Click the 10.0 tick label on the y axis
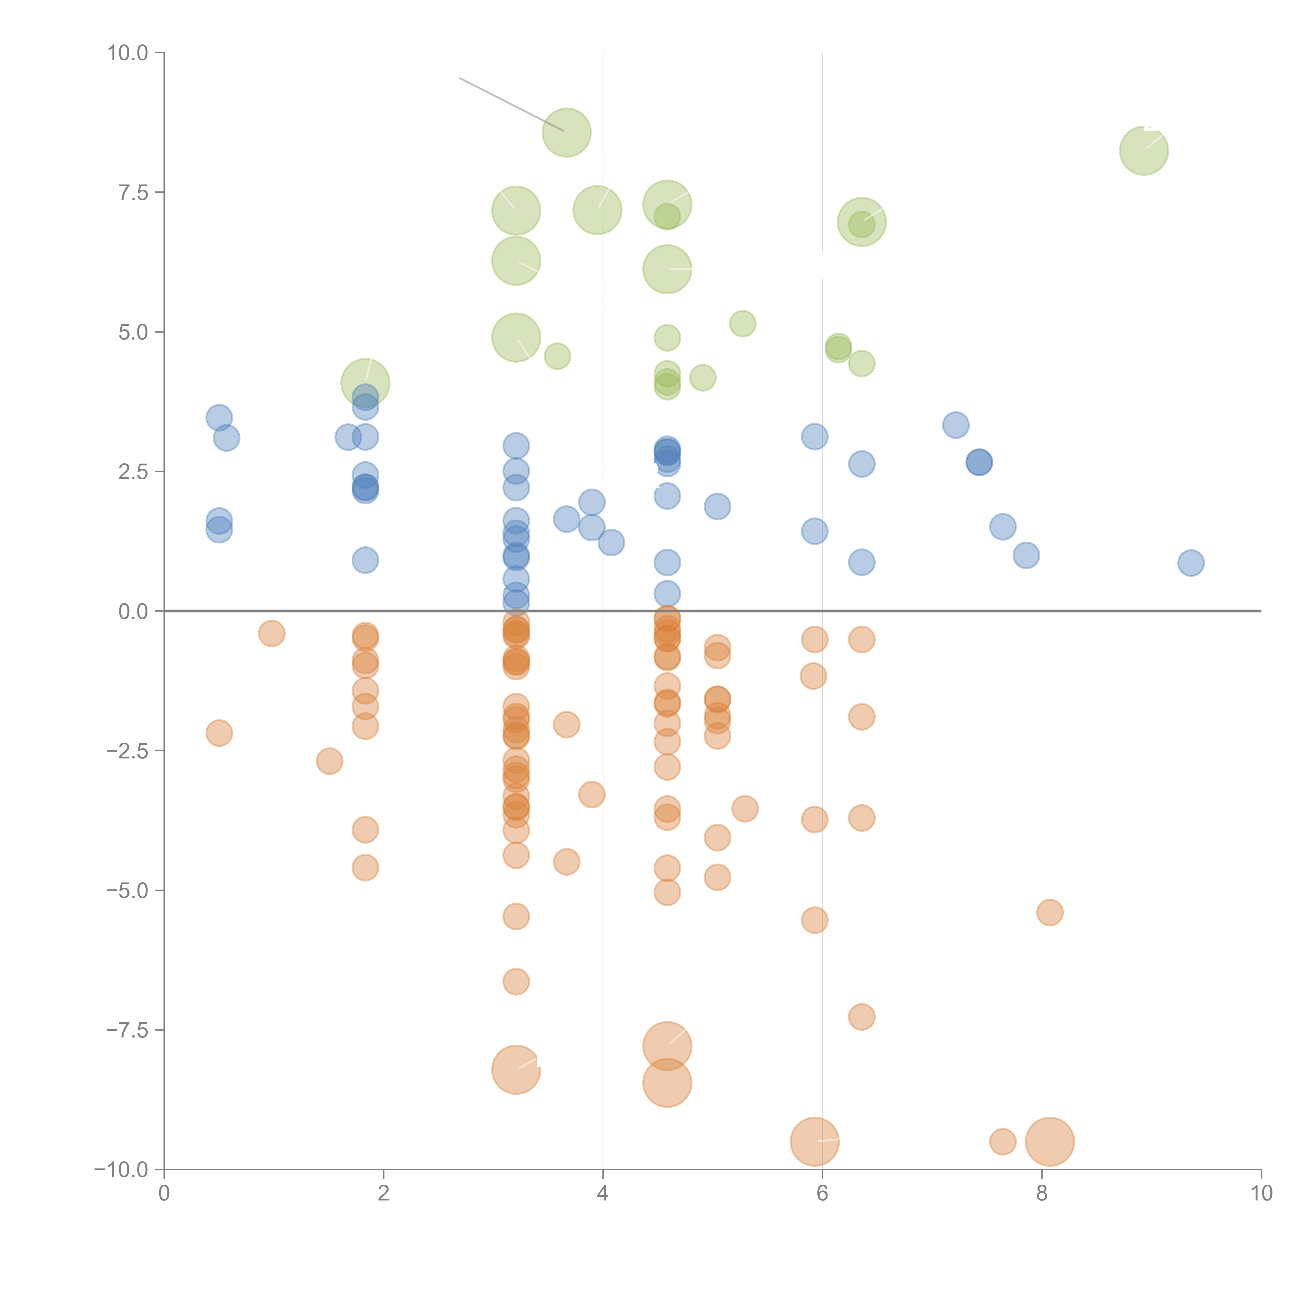pyautogui.click(x=128, y=53)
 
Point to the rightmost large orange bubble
pyautogui.click(x=1049, y=1142)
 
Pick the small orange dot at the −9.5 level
pyautogui.click(x=1003, y=1142)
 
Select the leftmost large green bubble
pyautogui.click(x=365, y=383)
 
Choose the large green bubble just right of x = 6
pyautogui.click(x=862, y=222)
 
